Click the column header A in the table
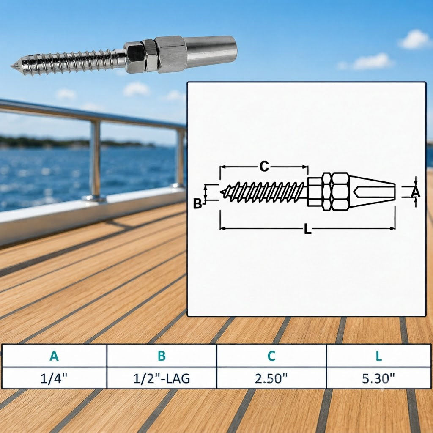(x=54, y=356)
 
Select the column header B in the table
(x=162, y=356)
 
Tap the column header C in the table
(x=271, y=356)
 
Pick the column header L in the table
(x=378, y=356)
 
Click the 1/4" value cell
(x=54, y=378)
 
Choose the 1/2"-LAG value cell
(x=162, y=378)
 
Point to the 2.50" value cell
(x=271, y=378)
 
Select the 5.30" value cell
(x=378, y=378)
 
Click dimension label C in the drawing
(x=264, y=167)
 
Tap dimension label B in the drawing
(x=197, y=204)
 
